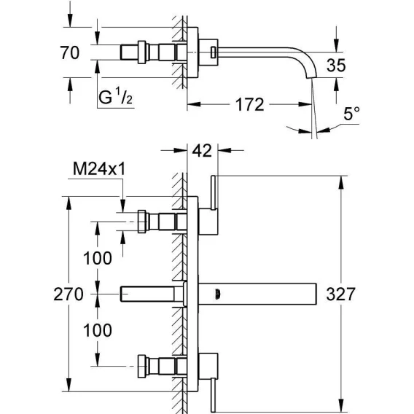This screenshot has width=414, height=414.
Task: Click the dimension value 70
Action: coord(70,52)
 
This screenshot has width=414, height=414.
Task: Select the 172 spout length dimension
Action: coord(249,104)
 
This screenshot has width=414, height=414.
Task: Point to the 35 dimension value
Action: coord(336,65)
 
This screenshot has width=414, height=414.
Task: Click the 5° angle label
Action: coord(351,114)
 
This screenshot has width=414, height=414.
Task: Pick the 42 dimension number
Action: coord(202,151)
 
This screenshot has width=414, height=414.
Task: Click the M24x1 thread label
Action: coord(99,168)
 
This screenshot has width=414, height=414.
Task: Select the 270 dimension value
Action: coord(69,294)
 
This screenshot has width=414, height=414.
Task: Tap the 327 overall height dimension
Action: coord(341,294)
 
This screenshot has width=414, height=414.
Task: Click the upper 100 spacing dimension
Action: coord(98,258)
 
